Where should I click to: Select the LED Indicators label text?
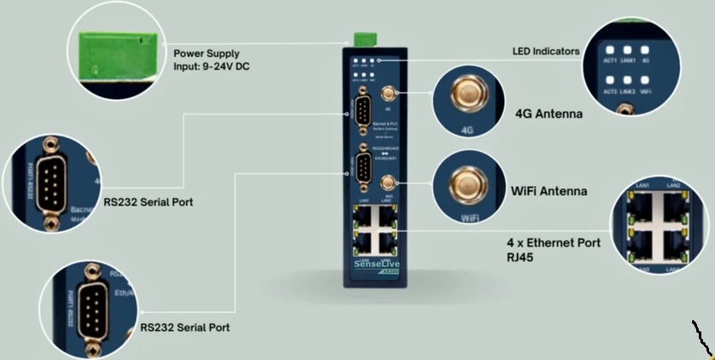click(546, 51)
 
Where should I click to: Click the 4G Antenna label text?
click(549, 113)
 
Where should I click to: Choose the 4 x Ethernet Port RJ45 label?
click(554, 249)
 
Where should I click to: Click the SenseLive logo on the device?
click(374, 265)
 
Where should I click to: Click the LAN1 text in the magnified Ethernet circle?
click(642, 185)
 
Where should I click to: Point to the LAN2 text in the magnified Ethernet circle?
click(672, 185)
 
